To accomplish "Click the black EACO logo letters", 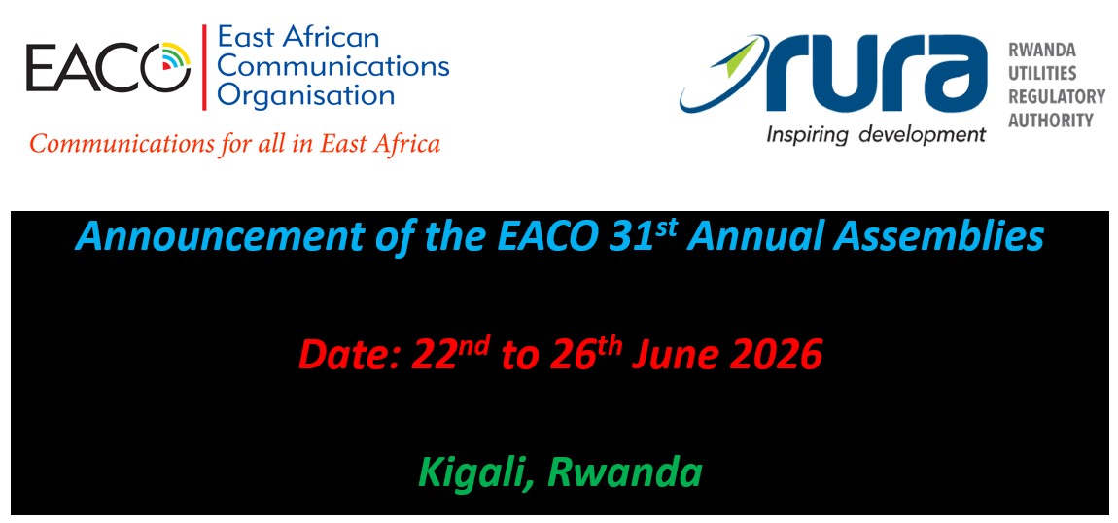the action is click(108, 68).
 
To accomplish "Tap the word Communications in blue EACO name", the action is click(333, 65).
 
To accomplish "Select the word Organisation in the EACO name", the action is click(306, 95).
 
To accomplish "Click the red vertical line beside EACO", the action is click(204, 68).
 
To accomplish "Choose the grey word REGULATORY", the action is click(1056, 97).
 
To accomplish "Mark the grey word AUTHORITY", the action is click(1050, 120).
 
